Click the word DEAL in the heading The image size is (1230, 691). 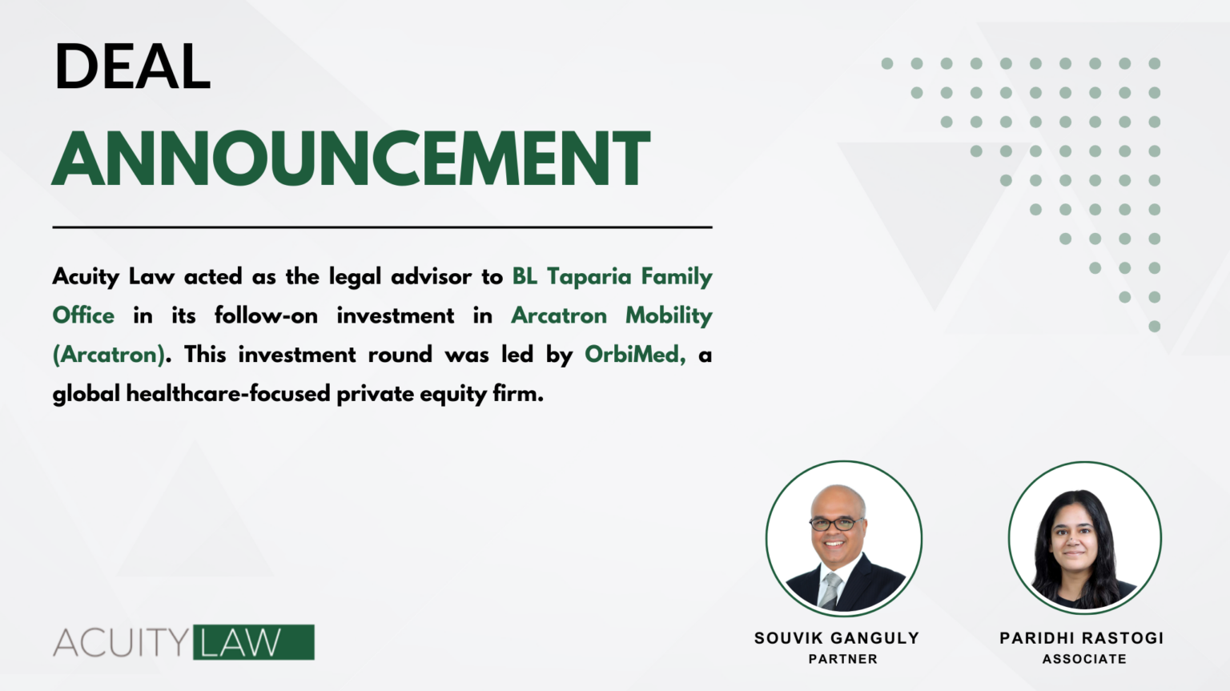(x=133, y=66)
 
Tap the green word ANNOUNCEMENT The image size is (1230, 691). (x=352, y=159)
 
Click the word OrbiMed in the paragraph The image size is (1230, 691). (x=631, y=355)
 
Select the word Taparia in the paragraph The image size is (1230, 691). (x=589, y=277)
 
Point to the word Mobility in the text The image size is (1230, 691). (x=669, y=316)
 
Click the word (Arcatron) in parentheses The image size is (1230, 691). (x=109, y=355)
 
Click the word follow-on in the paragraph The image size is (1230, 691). (x=266, y=316)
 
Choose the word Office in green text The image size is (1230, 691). (x=83, y=316)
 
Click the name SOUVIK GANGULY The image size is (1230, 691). (x=836, y=638)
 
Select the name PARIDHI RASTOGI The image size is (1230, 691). (x=1081, y=638)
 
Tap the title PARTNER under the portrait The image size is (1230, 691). (x=842, y=659)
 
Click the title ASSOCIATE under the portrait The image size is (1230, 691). (x=1084, y=659)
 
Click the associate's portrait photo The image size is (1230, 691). (x=1084, y=538)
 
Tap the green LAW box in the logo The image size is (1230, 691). (x=253, y=642)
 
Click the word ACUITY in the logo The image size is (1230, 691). (x=121, y=643)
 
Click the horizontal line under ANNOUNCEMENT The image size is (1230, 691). (x=382, y=227)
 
